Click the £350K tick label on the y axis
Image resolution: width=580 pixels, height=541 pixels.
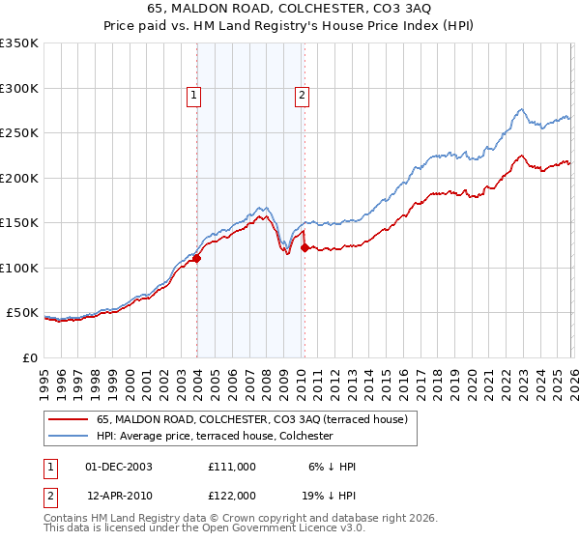pyautogui.click(x=19, y=43)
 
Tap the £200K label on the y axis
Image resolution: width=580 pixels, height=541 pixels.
pyautogui.click(x=19, y=178)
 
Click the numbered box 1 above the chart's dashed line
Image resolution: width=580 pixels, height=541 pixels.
pyautogui.click(x=194, y=95)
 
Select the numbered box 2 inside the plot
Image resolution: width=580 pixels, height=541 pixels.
pyautogui.click(x=303, y=95)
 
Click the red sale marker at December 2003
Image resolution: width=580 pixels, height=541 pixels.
pyautogui.click(x=196, y=258)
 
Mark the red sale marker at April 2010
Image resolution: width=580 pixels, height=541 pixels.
pyautogui.click(x=304, y=248)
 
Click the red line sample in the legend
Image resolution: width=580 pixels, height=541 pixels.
pyautogui.click(x=68, y=419)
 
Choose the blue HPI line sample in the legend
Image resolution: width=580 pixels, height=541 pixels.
pyautogui.click(x=68, y=436)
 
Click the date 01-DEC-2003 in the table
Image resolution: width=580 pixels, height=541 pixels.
pyautogui.click(x=119, y=467)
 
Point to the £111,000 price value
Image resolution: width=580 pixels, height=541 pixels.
pyautogui.click(x=232, y=467)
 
